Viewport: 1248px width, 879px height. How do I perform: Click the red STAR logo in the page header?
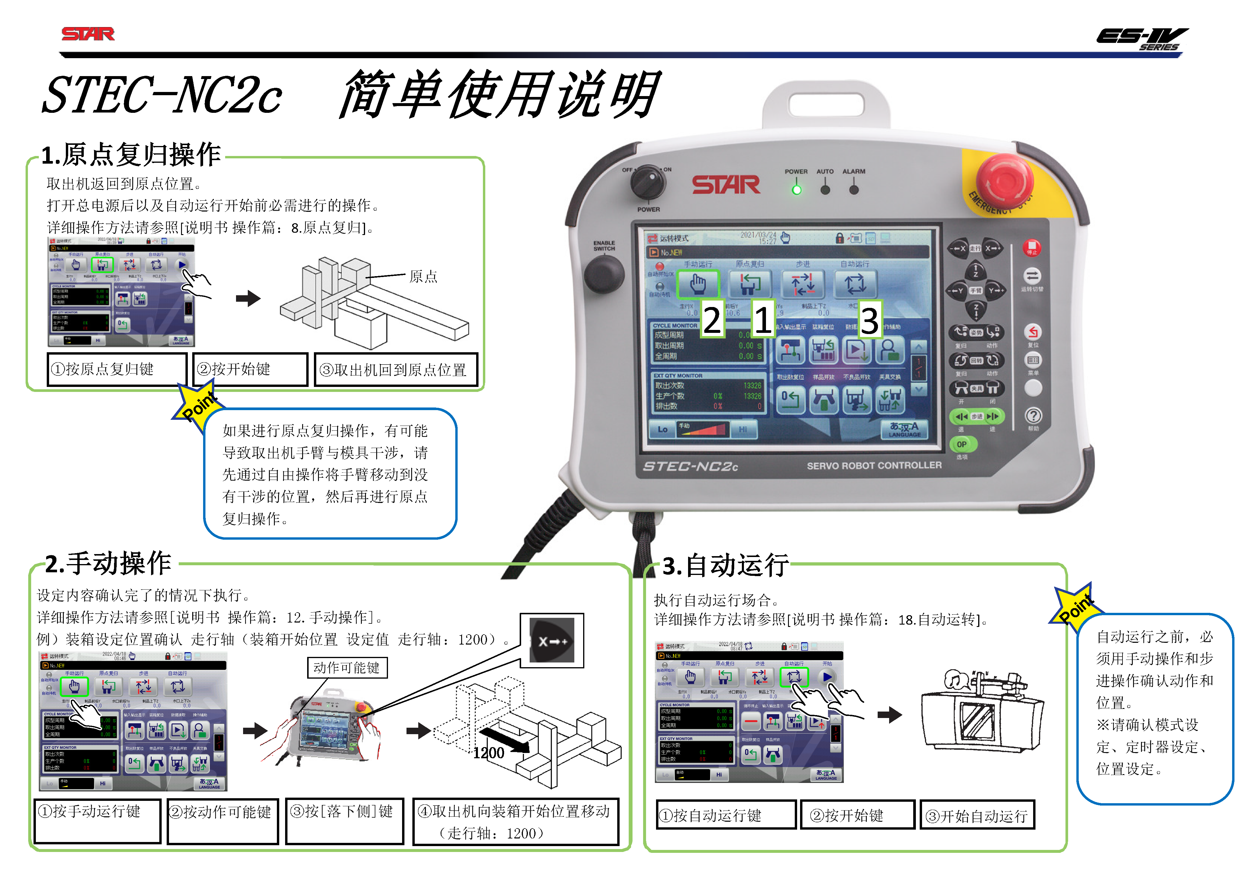point(88,34)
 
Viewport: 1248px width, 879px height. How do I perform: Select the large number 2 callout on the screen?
point(712,319)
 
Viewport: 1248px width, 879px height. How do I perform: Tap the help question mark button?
point(1033,416)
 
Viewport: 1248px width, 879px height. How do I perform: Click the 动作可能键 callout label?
point(347,668)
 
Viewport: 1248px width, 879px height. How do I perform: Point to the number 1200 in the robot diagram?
point(489,753)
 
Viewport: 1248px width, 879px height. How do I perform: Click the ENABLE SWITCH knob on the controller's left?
point(604,274)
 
